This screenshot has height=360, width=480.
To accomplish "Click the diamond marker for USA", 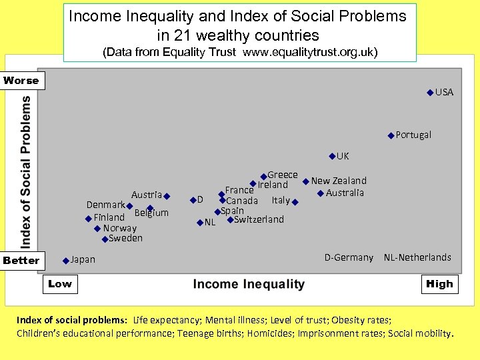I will pos(430,93).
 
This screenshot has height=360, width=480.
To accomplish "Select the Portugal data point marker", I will pos(391,135).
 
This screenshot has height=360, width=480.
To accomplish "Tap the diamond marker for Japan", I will pos(66,261).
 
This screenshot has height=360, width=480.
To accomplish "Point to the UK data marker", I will pos(332,157).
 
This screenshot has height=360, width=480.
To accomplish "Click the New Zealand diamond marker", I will pos(306,181).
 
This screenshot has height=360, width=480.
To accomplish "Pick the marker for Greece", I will pos(263,176).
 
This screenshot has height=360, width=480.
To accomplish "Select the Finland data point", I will pos(89,219).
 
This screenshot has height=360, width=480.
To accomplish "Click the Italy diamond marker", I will pos(295,202).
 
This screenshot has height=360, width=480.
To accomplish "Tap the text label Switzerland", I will pos(259,219).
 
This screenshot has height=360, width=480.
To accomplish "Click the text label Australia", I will pos(345,193).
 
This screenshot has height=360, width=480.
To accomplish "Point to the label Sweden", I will pos(125,238).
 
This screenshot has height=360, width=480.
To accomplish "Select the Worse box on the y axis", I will pos(21,81).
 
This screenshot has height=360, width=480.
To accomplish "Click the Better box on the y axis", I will pos(21,261).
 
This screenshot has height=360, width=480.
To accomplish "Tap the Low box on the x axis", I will pos(59,284).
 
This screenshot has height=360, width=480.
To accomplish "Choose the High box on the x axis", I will pos(439,284).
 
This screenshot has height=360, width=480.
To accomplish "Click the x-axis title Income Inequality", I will pos(249,285).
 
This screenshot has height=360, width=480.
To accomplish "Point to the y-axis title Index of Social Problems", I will pos(25,171).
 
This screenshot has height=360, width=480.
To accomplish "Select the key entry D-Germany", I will pos(349,257).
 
